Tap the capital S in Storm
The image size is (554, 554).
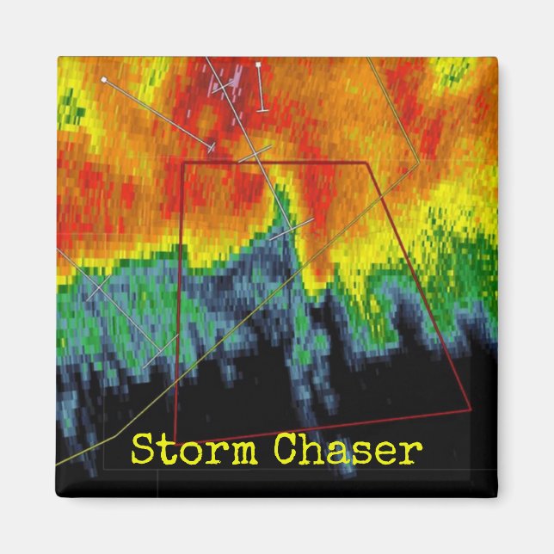pos(141,449)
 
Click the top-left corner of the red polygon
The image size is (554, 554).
pos(184,162)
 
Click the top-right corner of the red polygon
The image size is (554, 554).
pos(367,162)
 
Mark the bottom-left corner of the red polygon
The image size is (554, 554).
pos(175,440)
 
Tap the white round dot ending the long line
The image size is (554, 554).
pos(104,79)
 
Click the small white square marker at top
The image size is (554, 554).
pos(258,65)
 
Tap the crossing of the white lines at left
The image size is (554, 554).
pos(100,283)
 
